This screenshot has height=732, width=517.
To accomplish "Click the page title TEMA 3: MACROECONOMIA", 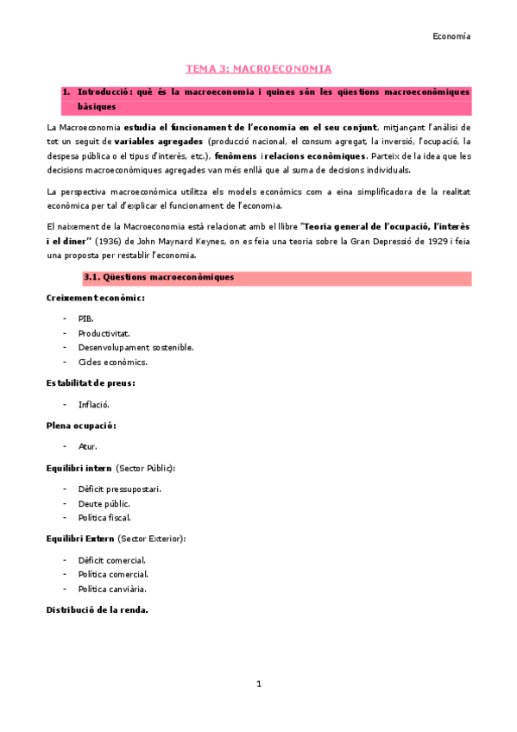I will [x=259, y=68].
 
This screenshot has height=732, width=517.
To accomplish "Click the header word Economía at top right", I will [x=451, y=36].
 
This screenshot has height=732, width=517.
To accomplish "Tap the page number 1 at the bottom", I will [x=258, y=684].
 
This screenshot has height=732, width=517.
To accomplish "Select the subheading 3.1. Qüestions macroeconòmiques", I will [x=158, y=278].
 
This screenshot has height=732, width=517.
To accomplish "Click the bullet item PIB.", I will [x=85, y=319].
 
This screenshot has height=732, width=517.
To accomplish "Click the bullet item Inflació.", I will [x=93, y=404].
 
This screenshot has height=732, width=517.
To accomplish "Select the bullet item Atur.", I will [x=87, y=446].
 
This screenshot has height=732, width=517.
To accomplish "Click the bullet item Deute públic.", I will [x=104, y=503].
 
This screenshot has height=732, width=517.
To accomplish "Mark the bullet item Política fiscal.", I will [x=104, y=517].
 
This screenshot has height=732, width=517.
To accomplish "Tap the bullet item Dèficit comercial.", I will [x=111, y=560].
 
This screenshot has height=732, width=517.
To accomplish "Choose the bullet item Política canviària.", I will [x=112, y=589].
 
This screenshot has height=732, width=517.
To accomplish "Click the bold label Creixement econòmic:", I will [x=95, y=298].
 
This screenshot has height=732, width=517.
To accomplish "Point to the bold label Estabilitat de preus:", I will [x=91, y=382].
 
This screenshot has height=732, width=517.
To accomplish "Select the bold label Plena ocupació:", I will [x=81, y=426].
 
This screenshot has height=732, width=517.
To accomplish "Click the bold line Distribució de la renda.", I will [x=97, y=609].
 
